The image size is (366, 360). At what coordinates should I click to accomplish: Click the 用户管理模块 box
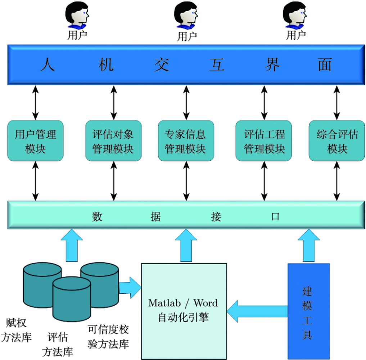(35, 141)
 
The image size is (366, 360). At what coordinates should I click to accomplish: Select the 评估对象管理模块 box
(113, 141)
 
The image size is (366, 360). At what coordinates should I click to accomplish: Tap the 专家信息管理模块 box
(186, 141)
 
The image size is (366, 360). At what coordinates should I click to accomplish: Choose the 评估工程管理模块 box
(264, 141)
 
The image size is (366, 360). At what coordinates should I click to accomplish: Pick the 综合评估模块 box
(337, 141)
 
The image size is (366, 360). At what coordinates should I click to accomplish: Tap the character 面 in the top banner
(325, 65)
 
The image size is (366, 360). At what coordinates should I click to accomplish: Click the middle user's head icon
(186, 15)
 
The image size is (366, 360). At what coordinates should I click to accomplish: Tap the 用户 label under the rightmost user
(296, 35)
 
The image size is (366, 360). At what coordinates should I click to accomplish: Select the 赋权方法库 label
(17, 329)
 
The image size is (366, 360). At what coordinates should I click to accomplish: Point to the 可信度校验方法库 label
(108, 337)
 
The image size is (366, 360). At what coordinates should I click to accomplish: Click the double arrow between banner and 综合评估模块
(337, 103)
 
